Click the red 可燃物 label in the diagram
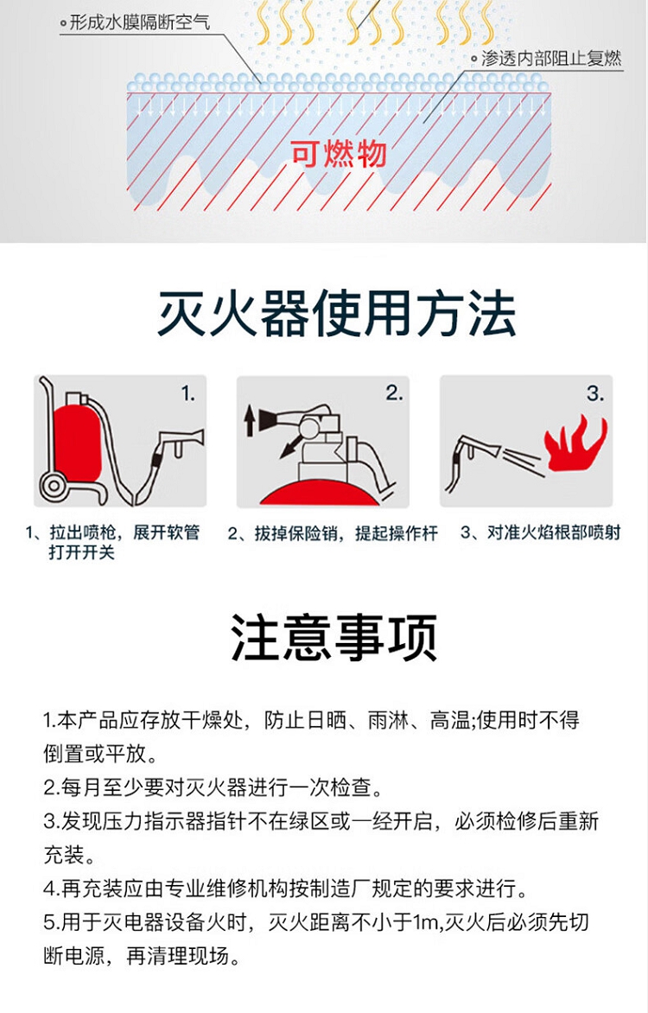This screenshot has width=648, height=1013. [339, 154]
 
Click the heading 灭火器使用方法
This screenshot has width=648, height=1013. [337, 314]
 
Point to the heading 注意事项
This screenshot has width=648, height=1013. [334, 637]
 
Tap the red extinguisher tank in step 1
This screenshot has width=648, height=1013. [77, 443]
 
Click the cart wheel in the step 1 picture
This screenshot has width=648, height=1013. [54, 485]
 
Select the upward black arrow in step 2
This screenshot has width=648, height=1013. [250, 420]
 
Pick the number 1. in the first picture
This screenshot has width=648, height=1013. [187, 393]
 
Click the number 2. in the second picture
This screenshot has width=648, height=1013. [394, 392]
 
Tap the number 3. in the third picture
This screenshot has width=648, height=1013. [595, 392]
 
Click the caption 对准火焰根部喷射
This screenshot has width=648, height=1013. [540, 532]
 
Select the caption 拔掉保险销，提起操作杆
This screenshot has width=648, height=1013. [333, 533]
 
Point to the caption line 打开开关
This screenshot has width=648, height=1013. [81, 552]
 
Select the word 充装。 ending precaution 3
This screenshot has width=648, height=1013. [69, 855]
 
